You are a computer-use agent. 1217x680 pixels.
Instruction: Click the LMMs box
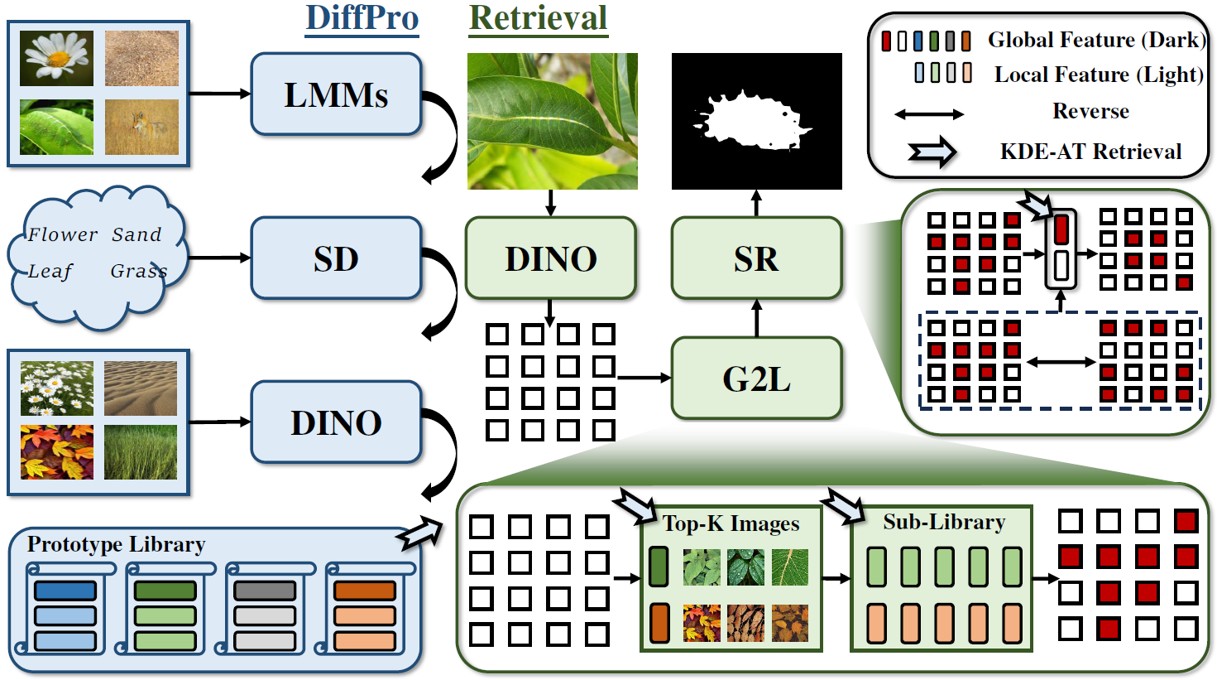click(x=336, y=94)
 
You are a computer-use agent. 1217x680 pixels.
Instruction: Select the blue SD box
click(x=336, y=258)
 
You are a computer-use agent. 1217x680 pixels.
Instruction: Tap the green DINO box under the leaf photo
click(x=551, y=258)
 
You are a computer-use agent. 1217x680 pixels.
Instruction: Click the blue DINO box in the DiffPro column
click(x=336, y=422)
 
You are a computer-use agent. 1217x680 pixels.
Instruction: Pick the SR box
click(x=756, y=258)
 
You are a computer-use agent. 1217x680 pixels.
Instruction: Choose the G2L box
click(x=756, y=379)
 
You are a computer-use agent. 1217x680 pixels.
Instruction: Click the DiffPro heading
click(x=362, y=18)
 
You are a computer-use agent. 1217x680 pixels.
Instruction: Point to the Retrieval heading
click(x=539, y=18)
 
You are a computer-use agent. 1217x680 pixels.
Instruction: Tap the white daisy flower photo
click(x=56, y=58)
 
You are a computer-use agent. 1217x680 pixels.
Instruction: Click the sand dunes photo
click(x=141, y=388)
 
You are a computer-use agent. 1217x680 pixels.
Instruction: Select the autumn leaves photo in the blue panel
click(x=56, y=452)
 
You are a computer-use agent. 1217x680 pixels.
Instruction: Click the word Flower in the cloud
click(x=63, y=234)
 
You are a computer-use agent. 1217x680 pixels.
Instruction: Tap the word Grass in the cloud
click(x=139, y=271)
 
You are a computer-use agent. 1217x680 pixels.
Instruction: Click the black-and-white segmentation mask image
click(x=756, y=121)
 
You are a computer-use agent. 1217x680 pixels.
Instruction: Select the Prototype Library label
click(x=116, y=544)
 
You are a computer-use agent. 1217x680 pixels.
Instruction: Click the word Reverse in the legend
click(x=1090, y=111)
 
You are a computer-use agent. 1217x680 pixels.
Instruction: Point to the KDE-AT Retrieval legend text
click(x=1090, y=152)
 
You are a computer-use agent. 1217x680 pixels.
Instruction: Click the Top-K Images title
click(x=731, y=523)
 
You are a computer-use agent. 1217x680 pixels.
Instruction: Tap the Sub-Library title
click(x=944, y=522)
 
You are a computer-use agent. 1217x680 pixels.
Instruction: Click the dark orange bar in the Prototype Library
click(x=365, y=591)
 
